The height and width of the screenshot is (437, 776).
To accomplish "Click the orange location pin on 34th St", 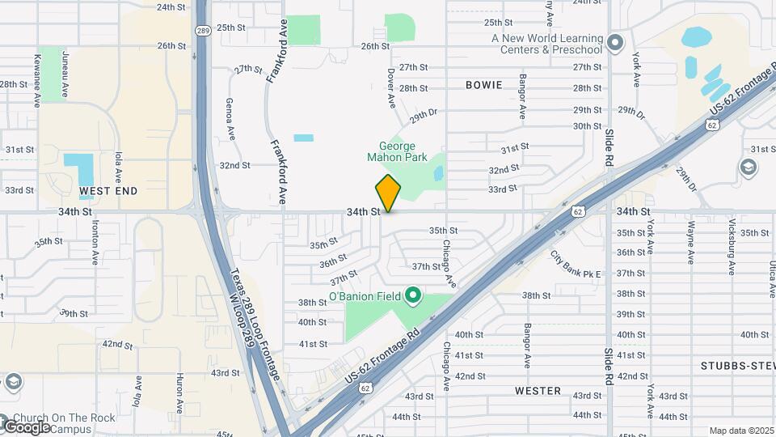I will click(389, 193).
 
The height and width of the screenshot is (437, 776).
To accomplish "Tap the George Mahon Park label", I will click(397, 151).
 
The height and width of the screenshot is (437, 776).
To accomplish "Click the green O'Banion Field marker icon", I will click(412, 295).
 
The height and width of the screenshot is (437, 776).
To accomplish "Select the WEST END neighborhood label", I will click(108, 191).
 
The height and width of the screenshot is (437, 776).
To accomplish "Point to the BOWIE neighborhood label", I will click(484, 85).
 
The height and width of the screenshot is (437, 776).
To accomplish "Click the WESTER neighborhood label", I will click(538, 391).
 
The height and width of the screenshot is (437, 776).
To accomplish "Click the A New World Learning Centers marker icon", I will click(616, 42).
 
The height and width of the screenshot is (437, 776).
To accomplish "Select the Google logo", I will click(27, 426).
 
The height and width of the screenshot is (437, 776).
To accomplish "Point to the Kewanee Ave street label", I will click(38, 81).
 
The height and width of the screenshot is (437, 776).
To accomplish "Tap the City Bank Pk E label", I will click(576, 265).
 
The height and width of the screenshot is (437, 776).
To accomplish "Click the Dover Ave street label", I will click(390, 88).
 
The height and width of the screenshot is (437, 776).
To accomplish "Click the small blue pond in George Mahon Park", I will click(438, 173).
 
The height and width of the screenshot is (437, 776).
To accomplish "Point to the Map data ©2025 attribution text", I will click(740, 431).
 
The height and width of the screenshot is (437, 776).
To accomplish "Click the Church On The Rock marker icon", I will click(13, 381).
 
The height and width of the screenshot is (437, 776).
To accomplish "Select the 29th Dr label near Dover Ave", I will click(423, 116).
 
